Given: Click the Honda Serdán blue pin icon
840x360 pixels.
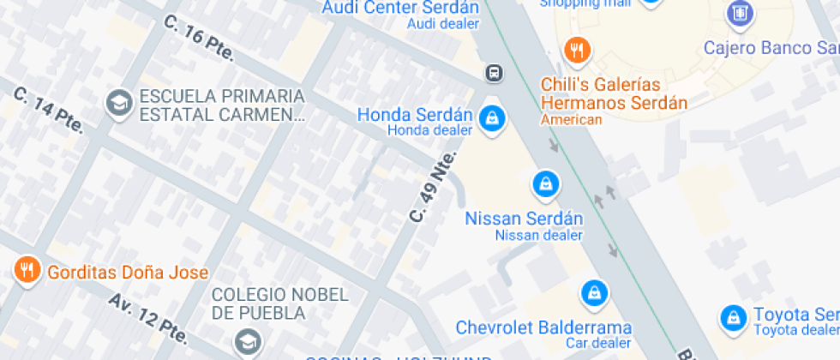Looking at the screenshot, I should pyautogui.click(x=492, y=117).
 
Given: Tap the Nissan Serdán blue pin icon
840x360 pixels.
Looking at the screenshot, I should pyautogui.click(x=545, y=183).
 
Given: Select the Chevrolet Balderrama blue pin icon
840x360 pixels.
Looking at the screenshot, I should pyautogui.click(x=592, y=294).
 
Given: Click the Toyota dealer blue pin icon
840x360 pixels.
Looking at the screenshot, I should pyautogui.click(x=733, y=317).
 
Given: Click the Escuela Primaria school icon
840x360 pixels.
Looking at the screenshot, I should pyautogui.click(x=117, y=104).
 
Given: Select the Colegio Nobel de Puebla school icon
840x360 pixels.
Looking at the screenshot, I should pyautogui.click(x=248, y=339).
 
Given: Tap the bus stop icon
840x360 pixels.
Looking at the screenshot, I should pyautogui.click(x=495, y=73).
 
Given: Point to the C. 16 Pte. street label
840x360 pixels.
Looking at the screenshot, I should pyautogui.click(x=199, y=38).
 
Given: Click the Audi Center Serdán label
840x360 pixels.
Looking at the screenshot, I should pyautogui.click(x=399, y=8).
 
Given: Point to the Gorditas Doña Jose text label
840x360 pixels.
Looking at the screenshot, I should pyautogui.click(x=128, y=273).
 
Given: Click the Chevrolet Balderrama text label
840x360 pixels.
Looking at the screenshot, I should pyautogui.click(x=543, y=327).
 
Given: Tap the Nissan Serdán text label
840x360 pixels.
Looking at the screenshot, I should pyautogui.click(x=524, y=219).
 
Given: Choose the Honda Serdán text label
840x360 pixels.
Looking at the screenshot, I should pyautogui.click(x=415, y=115).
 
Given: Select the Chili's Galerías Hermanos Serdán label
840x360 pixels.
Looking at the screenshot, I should pyautogui.click(x=614, y=93).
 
